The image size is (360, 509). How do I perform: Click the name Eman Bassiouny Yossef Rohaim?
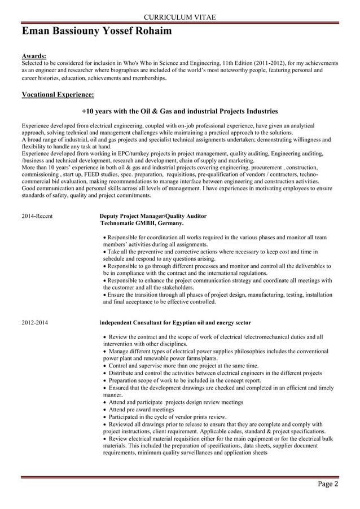tap(96, 32)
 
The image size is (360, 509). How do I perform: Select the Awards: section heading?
tap(34, 56)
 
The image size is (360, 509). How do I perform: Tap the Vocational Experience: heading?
tap(58, 94)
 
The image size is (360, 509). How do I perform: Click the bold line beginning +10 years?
tap(179, 111)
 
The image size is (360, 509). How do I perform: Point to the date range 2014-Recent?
tap(37, 216)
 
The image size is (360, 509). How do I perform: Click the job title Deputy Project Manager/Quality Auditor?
tap(152, 216)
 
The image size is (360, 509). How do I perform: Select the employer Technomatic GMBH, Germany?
tap(142, 223)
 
